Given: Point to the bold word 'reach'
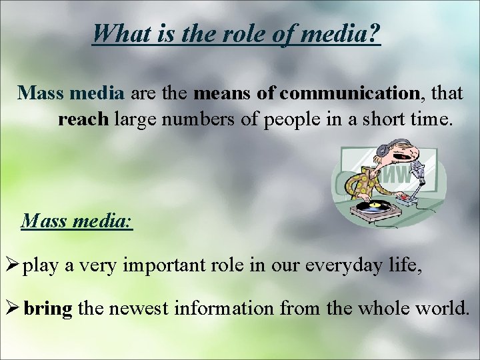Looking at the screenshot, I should [x=83, y=120].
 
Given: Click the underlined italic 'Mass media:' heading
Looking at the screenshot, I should [x=77, y=220].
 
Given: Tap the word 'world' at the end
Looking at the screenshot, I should [x=445, y=309].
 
